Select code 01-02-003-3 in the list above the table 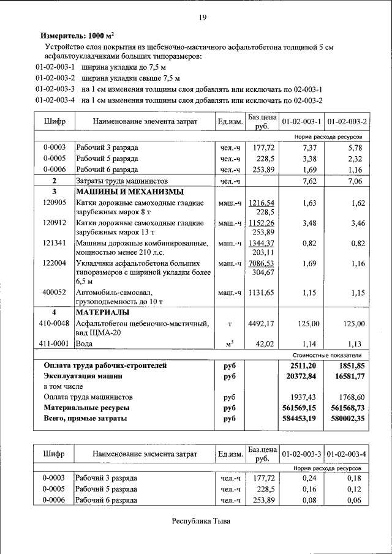pos(55,89)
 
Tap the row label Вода pos(85,344)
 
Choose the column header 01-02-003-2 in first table pos(347,122)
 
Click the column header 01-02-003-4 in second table pos(347,455)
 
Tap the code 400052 pos(54,293)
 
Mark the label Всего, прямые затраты pos(85,419)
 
